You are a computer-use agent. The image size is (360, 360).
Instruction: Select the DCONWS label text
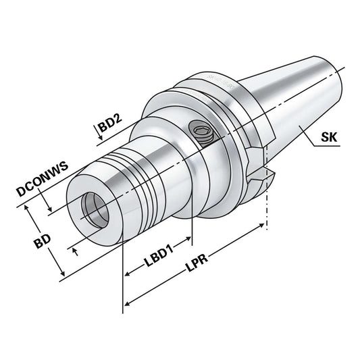[41, 183]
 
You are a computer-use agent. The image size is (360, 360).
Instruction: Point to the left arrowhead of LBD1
[127, 274]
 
